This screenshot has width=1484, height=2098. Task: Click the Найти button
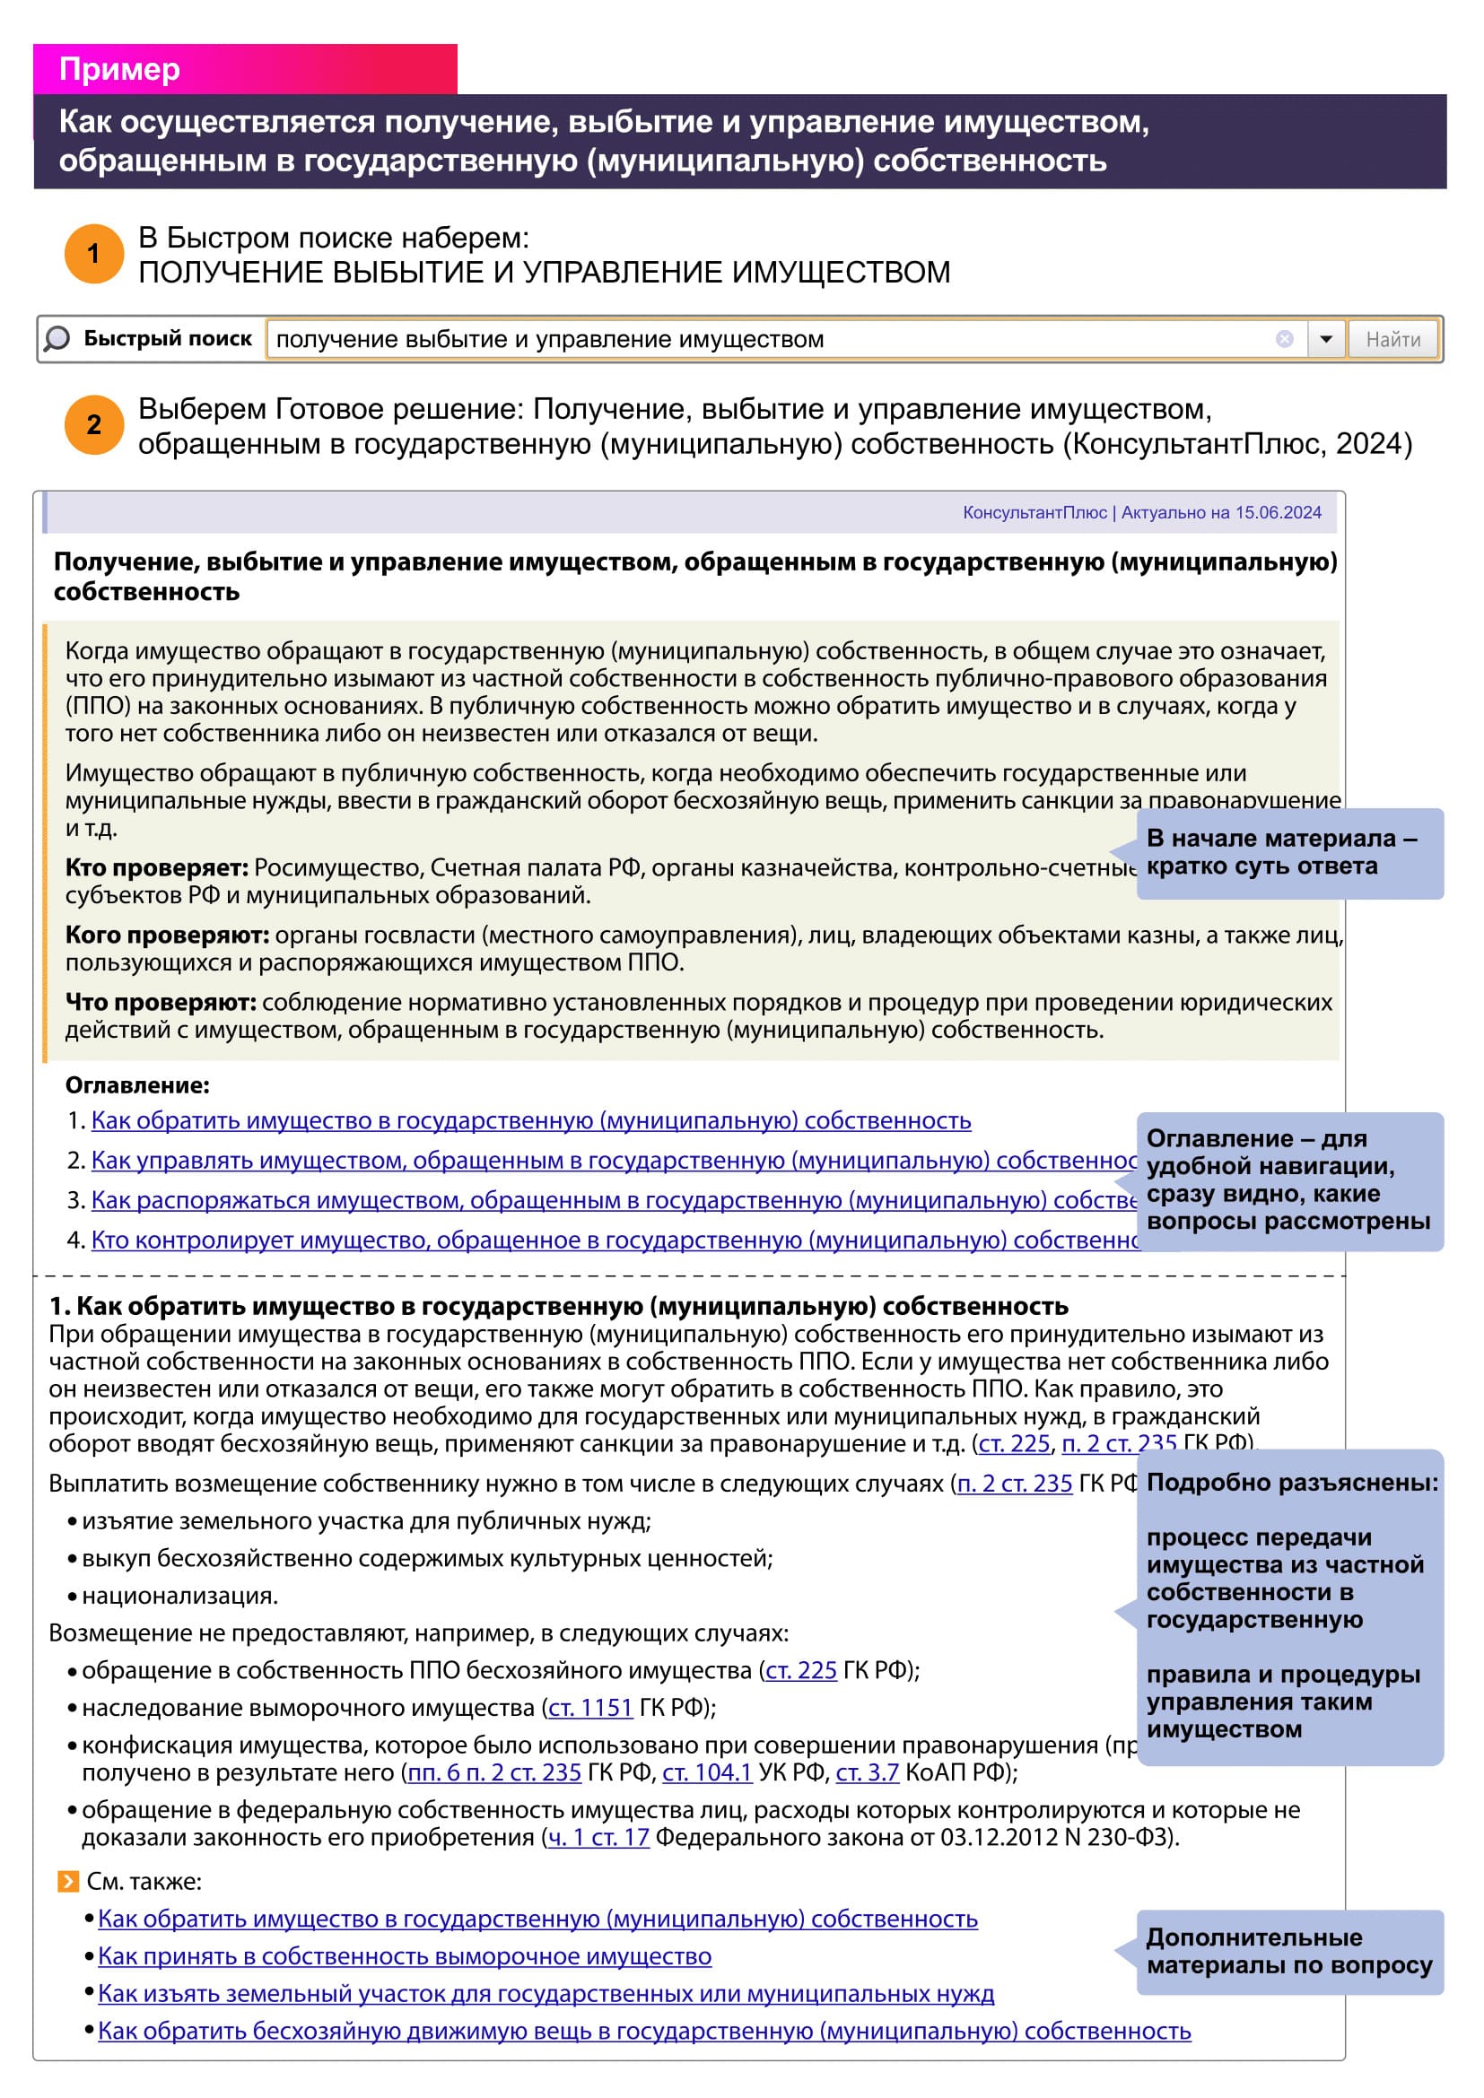pyautogui.click(x=1392, y=340)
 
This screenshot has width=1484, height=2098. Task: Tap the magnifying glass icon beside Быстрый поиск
pyautogui.click(x=57, y=339)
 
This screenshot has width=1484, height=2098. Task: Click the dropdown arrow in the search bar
pyautogui.click(x=1325, y=340)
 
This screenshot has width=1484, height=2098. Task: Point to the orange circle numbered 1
pyautogui.click(x=93, y=253)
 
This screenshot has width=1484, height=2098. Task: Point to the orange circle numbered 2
pyautogui.click(x=93, y=425)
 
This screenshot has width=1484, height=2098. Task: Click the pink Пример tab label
pyautogui.click(x=119, y=69)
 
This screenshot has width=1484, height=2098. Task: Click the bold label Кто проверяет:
pyautogui.click(x=156, y=867)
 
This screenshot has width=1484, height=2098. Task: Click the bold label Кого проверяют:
pyautogui.click(x=166, y=935)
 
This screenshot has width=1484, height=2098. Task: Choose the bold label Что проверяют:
pyautogui.click(x=160, y=1003)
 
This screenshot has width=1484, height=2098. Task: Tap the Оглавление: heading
pyautogui.click(x=137, y=1084)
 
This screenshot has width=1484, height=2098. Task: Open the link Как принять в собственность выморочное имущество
pyautogui.click(x=404, y=1956)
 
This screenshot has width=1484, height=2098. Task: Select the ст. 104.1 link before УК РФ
pyautogui.click(x=706, y=1772)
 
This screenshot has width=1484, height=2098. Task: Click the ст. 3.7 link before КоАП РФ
pyautogui.click(x=868, y=1772)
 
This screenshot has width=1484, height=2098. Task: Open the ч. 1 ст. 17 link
pyautogui.click(x=598, y=1837)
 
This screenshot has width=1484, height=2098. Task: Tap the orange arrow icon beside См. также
pyautogui.click(x=67, y=1882)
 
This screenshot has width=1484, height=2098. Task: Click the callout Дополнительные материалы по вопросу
pyautogui.click(x=1288, y=1952)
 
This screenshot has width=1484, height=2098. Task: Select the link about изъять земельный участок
pyautogui.click(x=546, y=1994)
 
